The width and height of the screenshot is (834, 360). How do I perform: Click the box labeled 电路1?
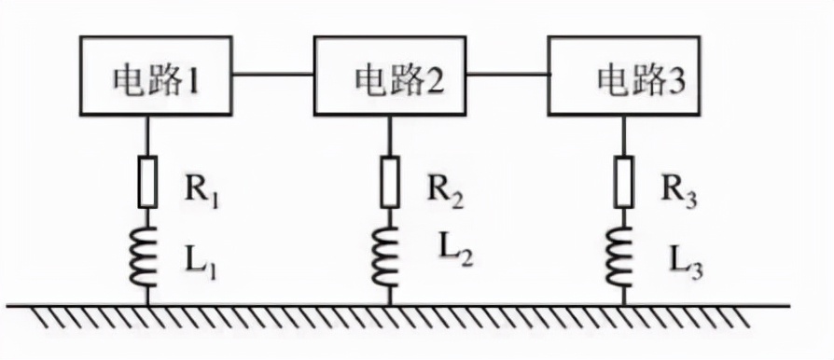pos(157,76)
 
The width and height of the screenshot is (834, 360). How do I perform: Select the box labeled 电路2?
pos(391,76)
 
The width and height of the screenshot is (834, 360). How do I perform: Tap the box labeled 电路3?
pos(625,76)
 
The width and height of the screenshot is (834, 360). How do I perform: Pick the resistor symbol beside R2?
pos(390,182)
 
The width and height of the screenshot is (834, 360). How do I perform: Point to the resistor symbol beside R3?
pos(624,182)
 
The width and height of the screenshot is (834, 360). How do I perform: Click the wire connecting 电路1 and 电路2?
pos(273,75)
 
